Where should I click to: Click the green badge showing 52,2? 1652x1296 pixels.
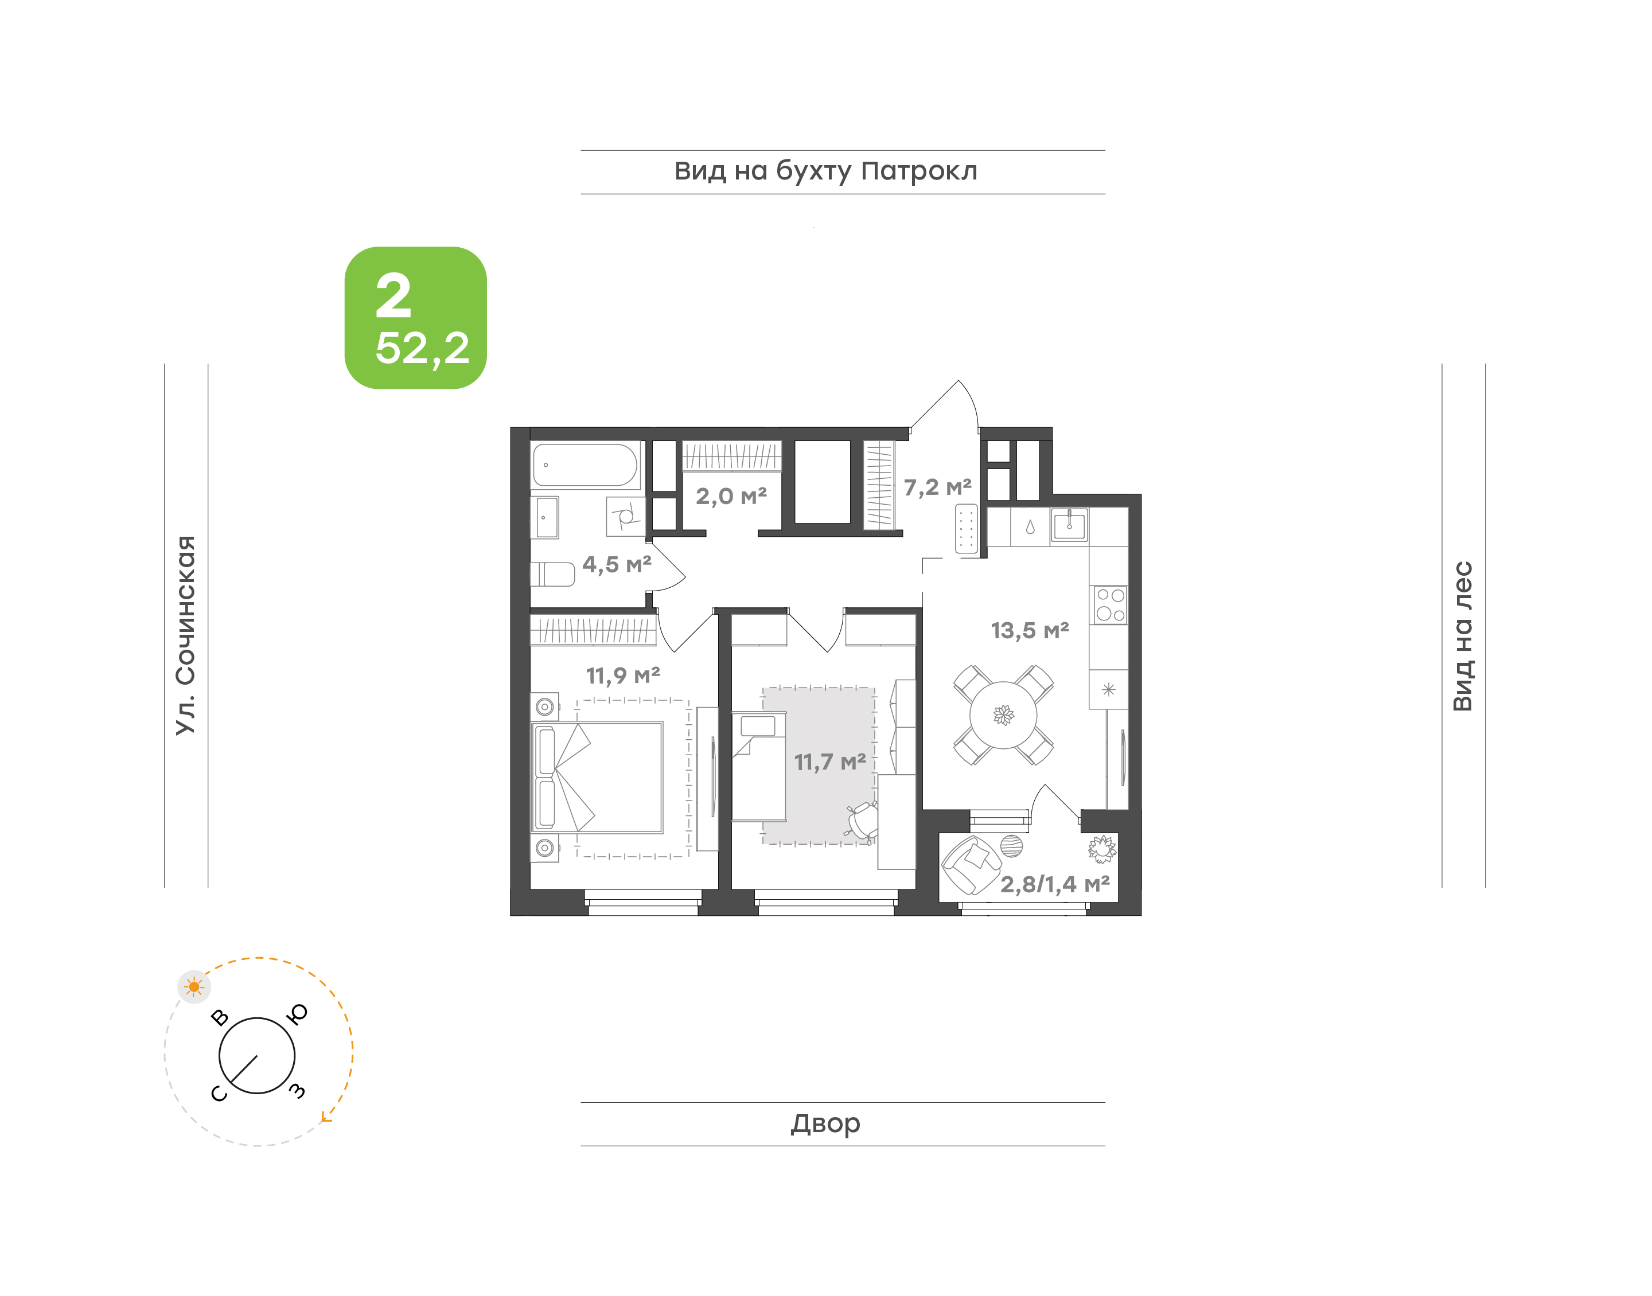(x=415, y=317)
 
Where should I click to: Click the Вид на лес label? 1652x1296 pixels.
(x=1462, y=636)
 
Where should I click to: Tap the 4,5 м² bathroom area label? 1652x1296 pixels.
(x=616, y=564)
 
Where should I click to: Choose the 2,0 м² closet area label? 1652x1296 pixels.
(x=731, y=496)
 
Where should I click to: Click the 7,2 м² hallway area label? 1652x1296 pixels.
(x=937, y=487)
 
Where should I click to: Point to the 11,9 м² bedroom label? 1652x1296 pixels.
(x=622, y=676)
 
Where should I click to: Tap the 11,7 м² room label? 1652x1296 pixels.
(x=829, y=762)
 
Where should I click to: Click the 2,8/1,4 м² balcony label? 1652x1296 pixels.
(x=1055, y=884)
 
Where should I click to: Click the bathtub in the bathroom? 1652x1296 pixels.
(x=585, y=464)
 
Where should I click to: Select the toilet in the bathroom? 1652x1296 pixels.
(x=552, y=573)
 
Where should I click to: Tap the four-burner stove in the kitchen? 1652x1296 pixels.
(x=1109, y=605)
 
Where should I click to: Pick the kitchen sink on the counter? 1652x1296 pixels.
(x=1069, y=524)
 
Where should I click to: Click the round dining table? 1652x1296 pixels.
(x=1003, y=715)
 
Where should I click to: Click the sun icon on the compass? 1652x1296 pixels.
(x=194, y=986)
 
